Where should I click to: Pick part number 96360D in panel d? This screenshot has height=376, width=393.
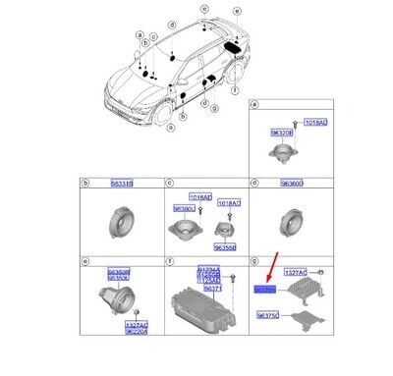pos(293,183)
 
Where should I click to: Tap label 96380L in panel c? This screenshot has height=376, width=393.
pos(184,208)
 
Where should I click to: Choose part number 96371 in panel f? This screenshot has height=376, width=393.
pos(211,290)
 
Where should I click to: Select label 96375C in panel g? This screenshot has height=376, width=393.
pos(267,316)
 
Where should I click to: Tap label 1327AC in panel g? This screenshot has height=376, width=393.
pos(295,271)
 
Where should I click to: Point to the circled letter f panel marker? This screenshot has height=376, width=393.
pos(171,261)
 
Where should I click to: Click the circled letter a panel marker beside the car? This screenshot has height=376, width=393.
pos(128,35)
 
